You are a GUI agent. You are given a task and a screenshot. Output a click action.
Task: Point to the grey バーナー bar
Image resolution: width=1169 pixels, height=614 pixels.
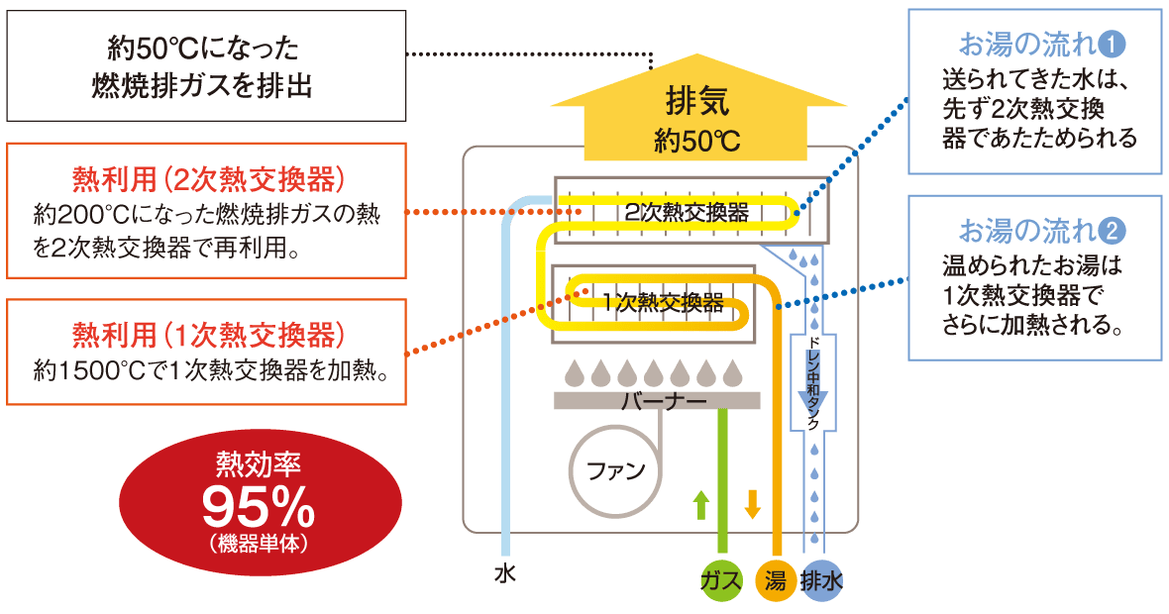(658, 401)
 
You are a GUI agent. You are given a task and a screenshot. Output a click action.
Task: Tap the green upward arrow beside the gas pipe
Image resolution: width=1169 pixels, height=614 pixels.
(701, 504)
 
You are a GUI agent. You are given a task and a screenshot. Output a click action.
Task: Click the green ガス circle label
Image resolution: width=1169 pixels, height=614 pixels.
(720, 581)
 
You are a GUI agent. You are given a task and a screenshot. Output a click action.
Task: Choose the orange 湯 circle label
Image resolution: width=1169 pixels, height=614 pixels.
(775, 581)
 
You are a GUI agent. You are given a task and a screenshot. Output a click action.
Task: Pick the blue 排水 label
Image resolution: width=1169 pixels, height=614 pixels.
(821, 581)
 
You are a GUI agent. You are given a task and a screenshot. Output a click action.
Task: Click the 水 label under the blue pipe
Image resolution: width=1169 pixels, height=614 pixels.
(505, 572)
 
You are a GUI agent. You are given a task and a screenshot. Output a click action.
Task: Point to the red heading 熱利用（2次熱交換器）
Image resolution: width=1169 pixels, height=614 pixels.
(208, 179)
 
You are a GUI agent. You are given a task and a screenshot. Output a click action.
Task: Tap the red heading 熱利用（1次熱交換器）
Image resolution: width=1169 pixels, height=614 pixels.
(208, 333)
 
